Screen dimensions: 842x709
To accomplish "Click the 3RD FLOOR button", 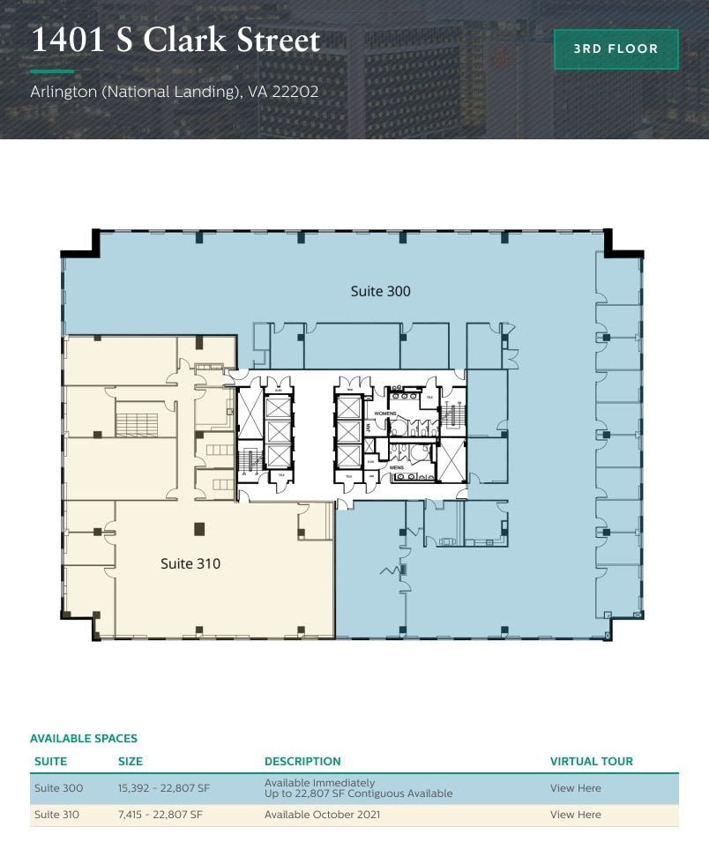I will [616, 49].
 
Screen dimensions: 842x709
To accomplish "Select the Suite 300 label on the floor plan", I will [380, 291].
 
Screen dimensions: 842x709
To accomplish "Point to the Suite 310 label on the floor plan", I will [190, 563].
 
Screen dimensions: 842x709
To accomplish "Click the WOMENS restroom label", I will [385, 413].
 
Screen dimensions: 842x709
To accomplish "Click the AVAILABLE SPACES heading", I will [84, 739].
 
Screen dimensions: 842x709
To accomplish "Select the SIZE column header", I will [131, 761].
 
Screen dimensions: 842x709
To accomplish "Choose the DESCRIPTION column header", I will [302, 761].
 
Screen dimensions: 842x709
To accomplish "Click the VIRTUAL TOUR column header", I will [591, 761].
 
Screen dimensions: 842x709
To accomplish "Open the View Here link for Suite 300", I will [575, 788].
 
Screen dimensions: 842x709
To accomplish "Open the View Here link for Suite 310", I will [575, 815].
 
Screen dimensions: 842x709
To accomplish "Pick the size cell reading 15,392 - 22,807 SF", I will [164, 788].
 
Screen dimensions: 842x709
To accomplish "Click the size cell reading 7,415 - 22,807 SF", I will [160, 815].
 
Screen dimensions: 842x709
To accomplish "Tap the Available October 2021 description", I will [322, 815].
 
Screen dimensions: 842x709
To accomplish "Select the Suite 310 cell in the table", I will [56, 815].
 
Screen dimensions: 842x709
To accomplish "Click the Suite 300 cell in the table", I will [58, 788].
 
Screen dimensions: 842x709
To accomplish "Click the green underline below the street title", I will [52, 71].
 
